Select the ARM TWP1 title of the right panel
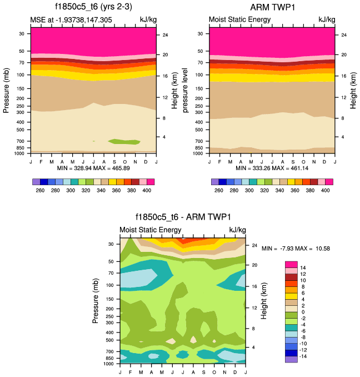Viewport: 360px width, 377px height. [x=272, y=7]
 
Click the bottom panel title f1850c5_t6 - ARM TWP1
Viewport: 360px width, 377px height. [x=183, y=217]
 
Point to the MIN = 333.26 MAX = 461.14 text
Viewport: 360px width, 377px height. [x=272, y=167]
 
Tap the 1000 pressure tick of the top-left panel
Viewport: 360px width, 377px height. [x=21, y=153]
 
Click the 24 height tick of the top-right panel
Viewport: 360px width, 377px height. [x=344, y=35]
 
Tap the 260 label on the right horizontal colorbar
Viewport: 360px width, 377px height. [x=219, y=190]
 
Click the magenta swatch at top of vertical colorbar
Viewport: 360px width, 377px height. [x=292, y=264]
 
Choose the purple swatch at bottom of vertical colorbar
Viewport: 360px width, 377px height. [x=292, y=359]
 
